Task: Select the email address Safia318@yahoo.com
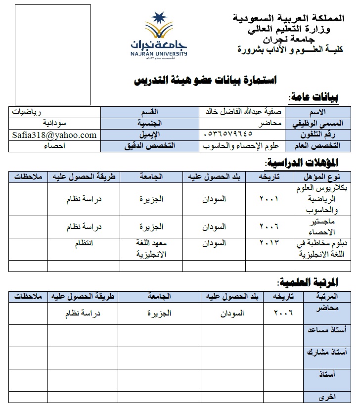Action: coord(54,135)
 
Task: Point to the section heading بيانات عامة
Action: coord(314,97)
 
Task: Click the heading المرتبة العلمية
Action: coord(308,282)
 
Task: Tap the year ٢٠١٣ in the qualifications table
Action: coord(269,243)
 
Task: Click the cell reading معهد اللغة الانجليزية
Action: coord(152,248)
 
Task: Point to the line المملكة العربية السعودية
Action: coord(289,18)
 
